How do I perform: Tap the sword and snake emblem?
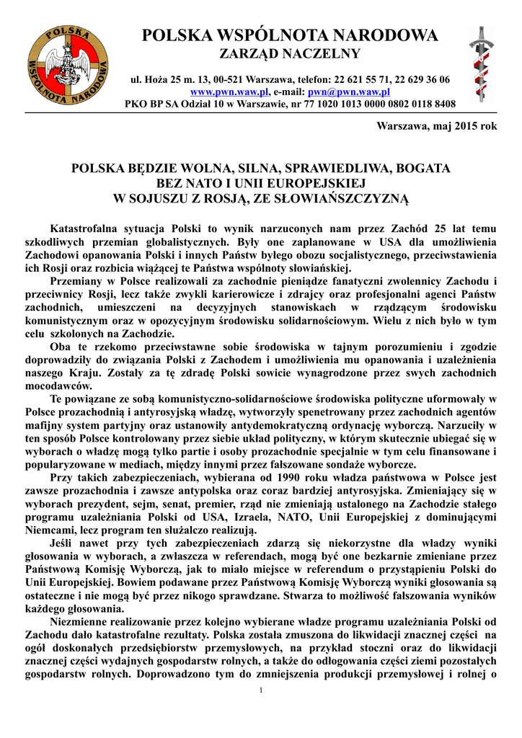(x=482, y=65)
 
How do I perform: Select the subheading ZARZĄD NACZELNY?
(x=290, y=54)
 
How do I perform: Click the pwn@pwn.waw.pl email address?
(x=348, y=92)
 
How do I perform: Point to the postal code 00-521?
(x=214, y=79)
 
